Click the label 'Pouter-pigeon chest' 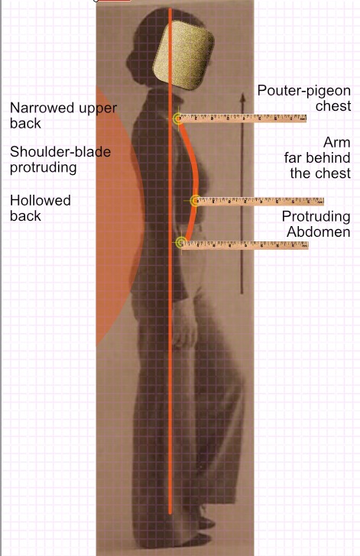(x=304, y=98)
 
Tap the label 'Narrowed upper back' (x=63, y=115)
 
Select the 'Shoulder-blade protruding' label (x=60, y=160)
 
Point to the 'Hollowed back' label (x=40, y=208)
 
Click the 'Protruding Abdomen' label (x=316, y=224)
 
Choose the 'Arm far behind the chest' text (x=317, y=158)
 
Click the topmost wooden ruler (x=242, y=118)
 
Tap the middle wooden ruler (x=259, y=201)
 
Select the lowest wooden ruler (x=245, y=244)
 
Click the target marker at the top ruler (x=177, y=118)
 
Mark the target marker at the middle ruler (x=195, y=201)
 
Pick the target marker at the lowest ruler (x=181, y=243)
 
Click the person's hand (x=185, y=324)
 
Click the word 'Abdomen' (x=319, y=231)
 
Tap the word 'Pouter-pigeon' (x=304, y=91)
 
